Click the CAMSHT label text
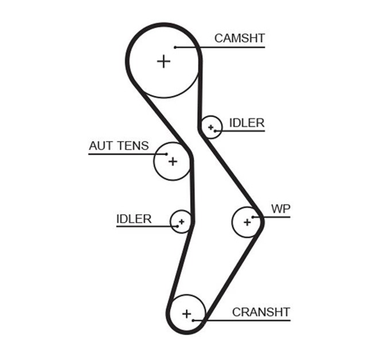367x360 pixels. coord(239,38)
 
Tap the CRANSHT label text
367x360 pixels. coord(261,312)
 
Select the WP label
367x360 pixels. coord(280,209)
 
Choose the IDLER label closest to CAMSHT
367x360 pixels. coord(247,123)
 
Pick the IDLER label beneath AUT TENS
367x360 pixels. coord(134,219)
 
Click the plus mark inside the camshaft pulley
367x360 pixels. coord(164,61)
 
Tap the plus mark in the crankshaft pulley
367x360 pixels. coord(186,314)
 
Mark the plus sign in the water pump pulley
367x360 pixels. coord(247,221)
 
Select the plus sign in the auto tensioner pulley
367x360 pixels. coord(173,161)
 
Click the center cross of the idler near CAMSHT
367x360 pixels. coord(211,127)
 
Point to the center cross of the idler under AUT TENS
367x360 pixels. coord(181,221)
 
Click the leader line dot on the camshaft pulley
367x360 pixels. coord(175,47)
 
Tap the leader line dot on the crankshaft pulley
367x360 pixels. coord(194,320)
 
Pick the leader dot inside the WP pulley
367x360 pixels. coord(253,217)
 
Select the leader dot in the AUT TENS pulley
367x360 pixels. coord(166,154)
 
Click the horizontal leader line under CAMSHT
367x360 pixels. coord(229,47)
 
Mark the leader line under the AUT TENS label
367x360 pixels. coord(120,154)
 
